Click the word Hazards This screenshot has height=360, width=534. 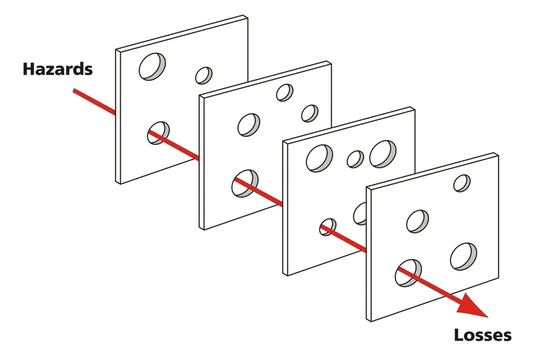tap(57, 68)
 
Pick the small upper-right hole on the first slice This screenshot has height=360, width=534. tap(204, 75)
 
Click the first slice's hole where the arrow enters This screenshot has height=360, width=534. tap(159, 132)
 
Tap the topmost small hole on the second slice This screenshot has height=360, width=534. tap(285, 92)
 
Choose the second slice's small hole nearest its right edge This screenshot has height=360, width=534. tap(309, 113)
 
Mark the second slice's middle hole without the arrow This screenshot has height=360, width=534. tap(249, 124)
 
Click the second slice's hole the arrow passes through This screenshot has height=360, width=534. tap(244, 182)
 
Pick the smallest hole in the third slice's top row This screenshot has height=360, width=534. tap(355, 159)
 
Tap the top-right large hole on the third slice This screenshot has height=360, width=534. tap(382, 154)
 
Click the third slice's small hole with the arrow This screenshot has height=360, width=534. tap(328, 227)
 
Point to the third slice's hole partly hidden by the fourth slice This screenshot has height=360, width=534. tap(360, 214)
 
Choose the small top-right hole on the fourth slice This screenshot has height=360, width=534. tap(461, 182)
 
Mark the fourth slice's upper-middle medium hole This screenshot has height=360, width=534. tap(418, 221)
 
